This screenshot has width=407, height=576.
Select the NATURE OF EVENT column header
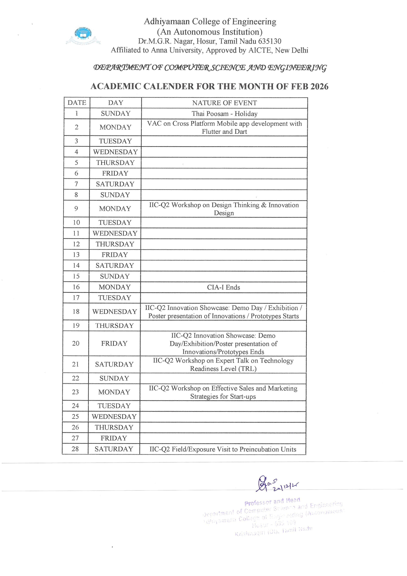224,103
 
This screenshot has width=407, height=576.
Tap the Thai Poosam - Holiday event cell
224,114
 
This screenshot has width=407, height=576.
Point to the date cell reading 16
76,287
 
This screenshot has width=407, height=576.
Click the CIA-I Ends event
223,287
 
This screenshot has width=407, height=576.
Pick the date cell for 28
75,449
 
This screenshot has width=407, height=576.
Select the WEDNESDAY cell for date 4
116,152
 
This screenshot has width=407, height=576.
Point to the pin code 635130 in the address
270,41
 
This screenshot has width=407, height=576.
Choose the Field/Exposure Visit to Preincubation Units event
223,449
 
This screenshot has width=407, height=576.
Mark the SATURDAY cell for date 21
114,364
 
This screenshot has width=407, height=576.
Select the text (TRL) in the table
248,369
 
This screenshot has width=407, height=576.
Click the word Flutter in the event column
211,132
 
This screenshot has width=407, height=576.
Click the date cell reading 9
76,208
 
